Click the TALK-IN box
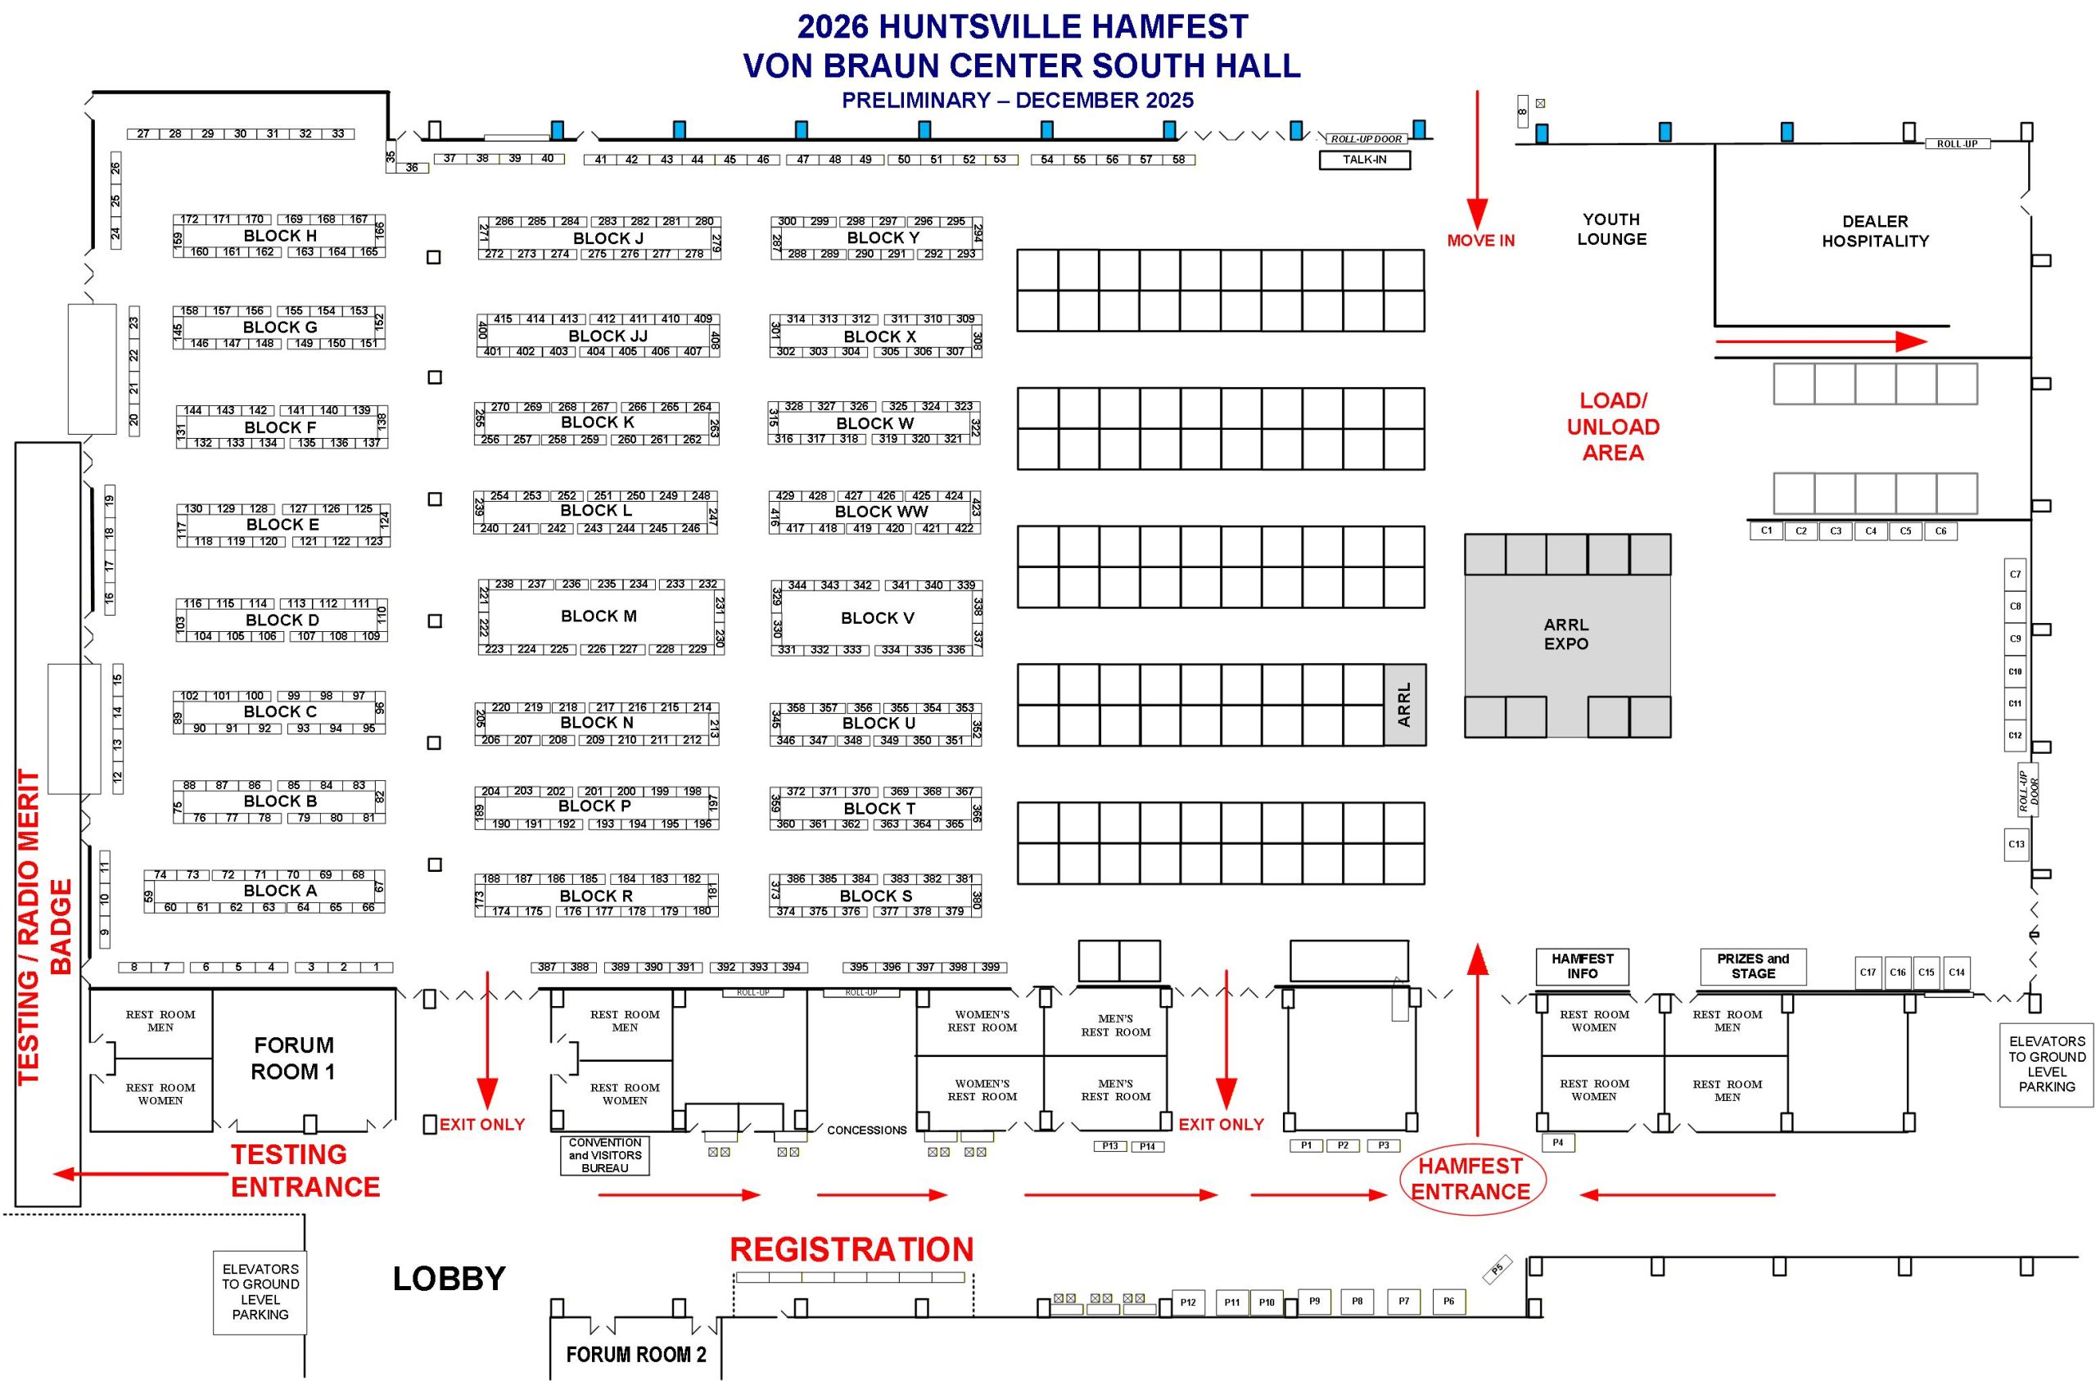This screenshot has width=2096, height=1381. click(x=1364, y=160)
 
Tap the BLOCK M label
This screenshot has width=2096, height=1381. click(x=598, y=616)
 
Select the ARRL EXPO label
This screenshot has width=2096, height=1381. click(x=1565, y=634)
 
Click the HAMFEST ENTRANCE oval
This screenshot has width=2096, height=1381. click(x=1470, y=1179)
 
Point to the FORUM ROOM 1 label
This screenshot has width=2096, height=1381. click(x=293, y=1058)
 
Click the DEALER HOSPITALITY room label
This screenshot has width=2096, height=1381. click(x=1875, y=231)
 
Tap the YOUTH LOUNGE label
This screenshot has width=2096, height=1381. click(x=1611, y=229)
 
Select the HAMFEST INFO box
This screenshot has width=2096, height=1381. click(x=1583, y=966)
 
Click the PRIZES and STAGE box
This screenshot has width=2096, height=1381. click(x=1753, y=966)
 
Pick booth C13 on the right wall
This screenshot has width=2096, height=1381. click(x=2016, y=844)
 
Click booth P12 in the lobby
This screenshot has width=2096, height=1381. click(x=1188, y=1302)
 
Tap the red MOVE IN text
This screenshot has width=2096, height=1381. click(x=1480, y=241)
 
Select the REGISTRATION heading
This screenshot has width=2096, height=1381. click(x=851, y=1250)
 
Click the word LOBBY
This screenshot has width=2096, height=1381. click(x=449, y=1279)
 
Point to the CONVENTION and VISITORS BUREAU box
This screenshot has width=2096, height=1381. click(x=605, y=1156)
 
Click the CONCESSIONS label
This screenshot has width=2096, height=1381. click(x=866, y=1130)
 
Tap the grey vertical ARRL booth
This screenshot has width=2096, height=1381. click(x=1404, y=705)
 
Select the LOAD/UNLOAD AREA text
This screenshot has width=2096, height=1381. click(x=1612, y=426)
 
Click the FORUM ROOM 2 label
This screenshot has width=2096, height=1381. click(x=636, y=1354)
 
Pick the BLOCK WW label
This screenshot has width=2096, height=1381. click(x=881, y=512)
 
